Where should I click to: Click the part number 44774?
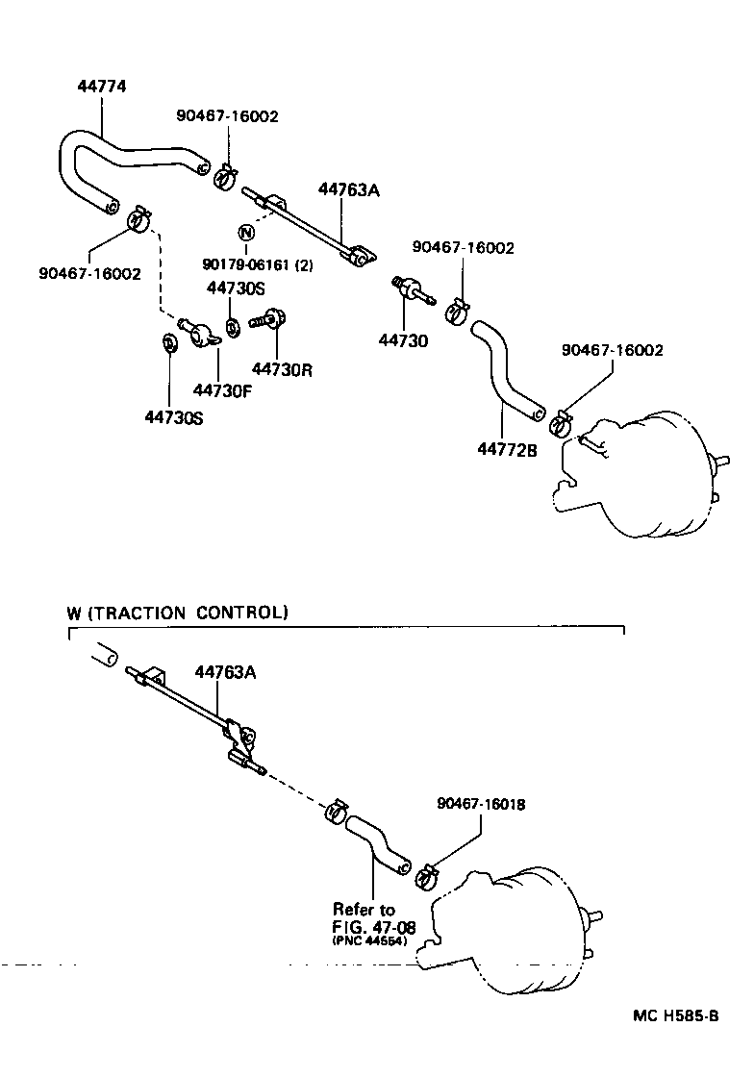point(101,87)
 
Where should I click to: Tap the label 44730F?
point(221,389)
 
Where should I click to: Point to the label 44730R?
point(282,368)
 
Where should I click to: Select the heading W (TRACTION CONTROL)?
point(177,612)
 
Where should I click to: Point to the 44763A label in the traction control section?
point(225,672)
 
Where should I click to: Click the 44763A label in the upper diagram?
point(348,189)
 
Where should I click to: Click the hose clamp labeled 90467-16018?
point(426,876)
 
